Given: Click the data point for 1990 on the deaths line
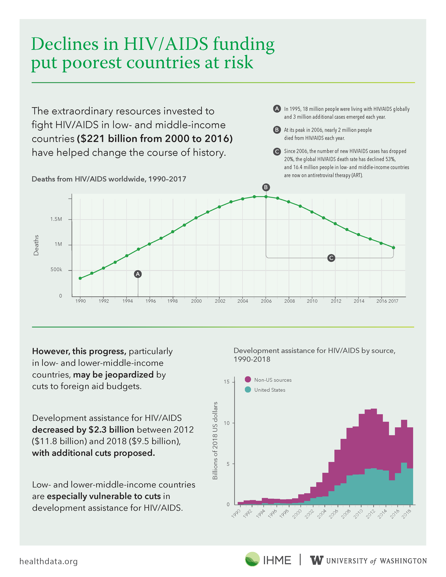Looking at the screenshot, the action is (80, 278).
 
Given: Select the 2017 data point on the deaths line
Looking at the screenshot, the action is (393, 248).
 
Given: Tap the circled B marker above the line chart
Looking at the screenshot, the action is (266, 187).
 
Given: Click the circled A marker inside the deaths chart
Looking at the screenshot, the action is (138, 274).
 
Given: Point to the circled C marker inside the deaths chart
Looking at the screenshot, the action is (331, 258).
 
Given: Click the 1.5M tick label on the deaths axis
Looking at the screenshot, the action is (56, 219).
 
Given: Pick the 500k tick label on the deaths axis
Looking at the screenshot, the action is (56, 269).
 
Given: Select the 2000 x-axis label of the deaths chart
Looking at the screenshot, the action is (196, 301).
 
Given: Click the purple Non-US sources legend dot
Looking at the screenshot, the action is (248, 379).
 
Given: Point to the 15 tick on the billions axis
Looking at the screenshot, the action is (226, 382).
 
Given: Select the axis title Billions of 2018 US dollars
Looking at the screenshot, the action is (215, 440).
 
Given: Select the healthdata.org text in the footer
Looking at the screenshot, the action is (49, 561).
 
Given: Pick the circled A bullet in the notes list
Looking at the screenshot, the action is (277, 109).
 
